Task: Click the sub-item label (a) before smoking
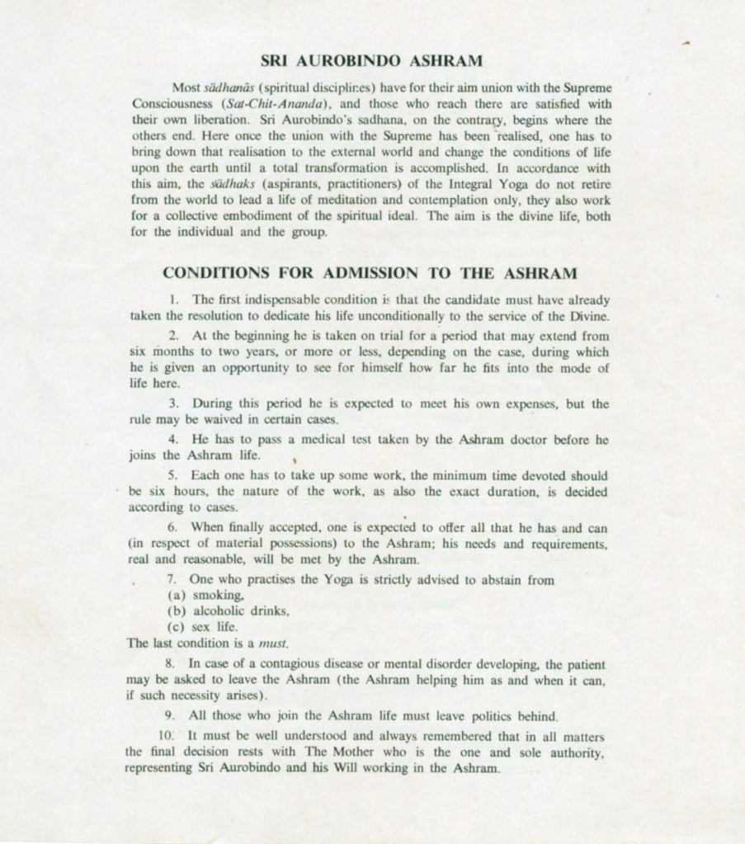click(175, 594)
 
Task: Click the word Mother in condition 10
click(334, 753)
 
